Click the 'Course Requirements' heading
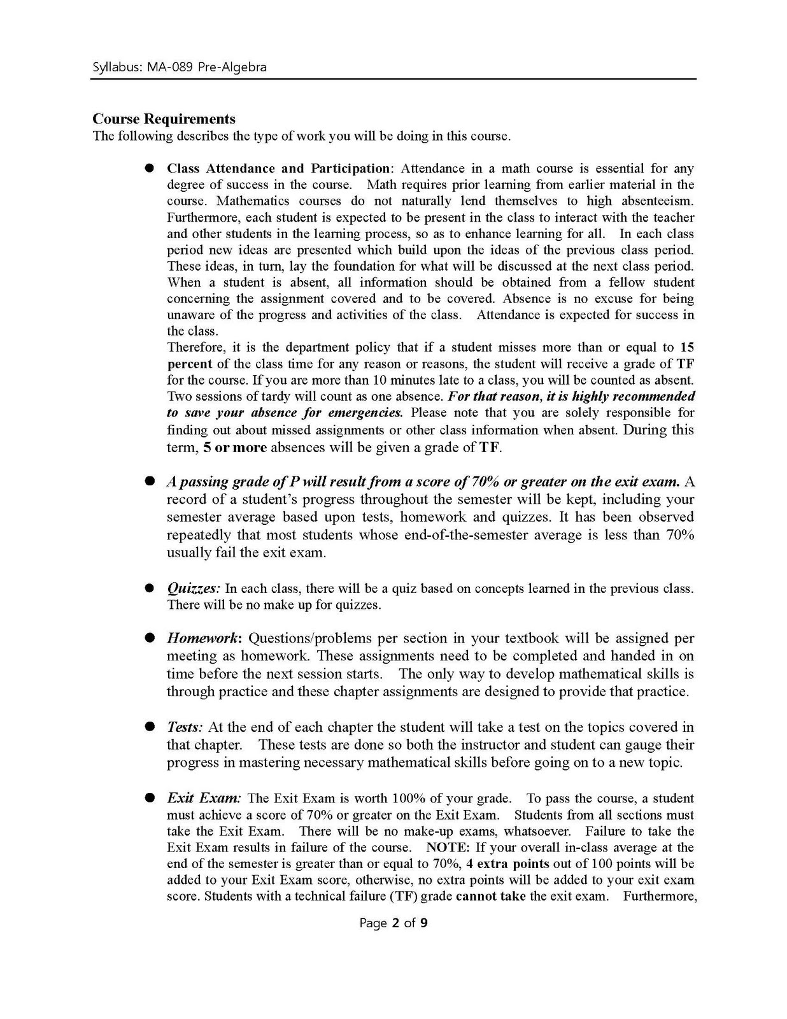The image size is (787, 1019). tap(164, 119)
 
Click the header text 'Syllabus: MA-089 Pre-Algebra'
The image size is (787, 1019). tap(180, 67)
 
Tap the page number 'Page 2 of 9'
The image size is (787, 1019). tap(393, 922)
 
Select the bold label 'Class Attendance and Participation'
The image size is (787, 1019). tap(278, 169)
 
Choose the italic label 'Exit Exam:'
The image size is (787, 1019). tap(204, 799)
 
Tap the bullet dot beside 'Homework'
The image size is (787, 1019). tap(150, 638)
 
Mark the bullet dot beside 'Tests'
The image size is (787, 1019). tap(150, 727)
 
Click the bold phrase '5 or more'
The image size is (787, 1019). tap(235, 448)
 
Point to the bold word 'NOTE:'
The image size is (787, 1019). tap(448, 848)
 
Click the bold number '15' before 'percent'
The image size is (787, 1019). tap(686, 348)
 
